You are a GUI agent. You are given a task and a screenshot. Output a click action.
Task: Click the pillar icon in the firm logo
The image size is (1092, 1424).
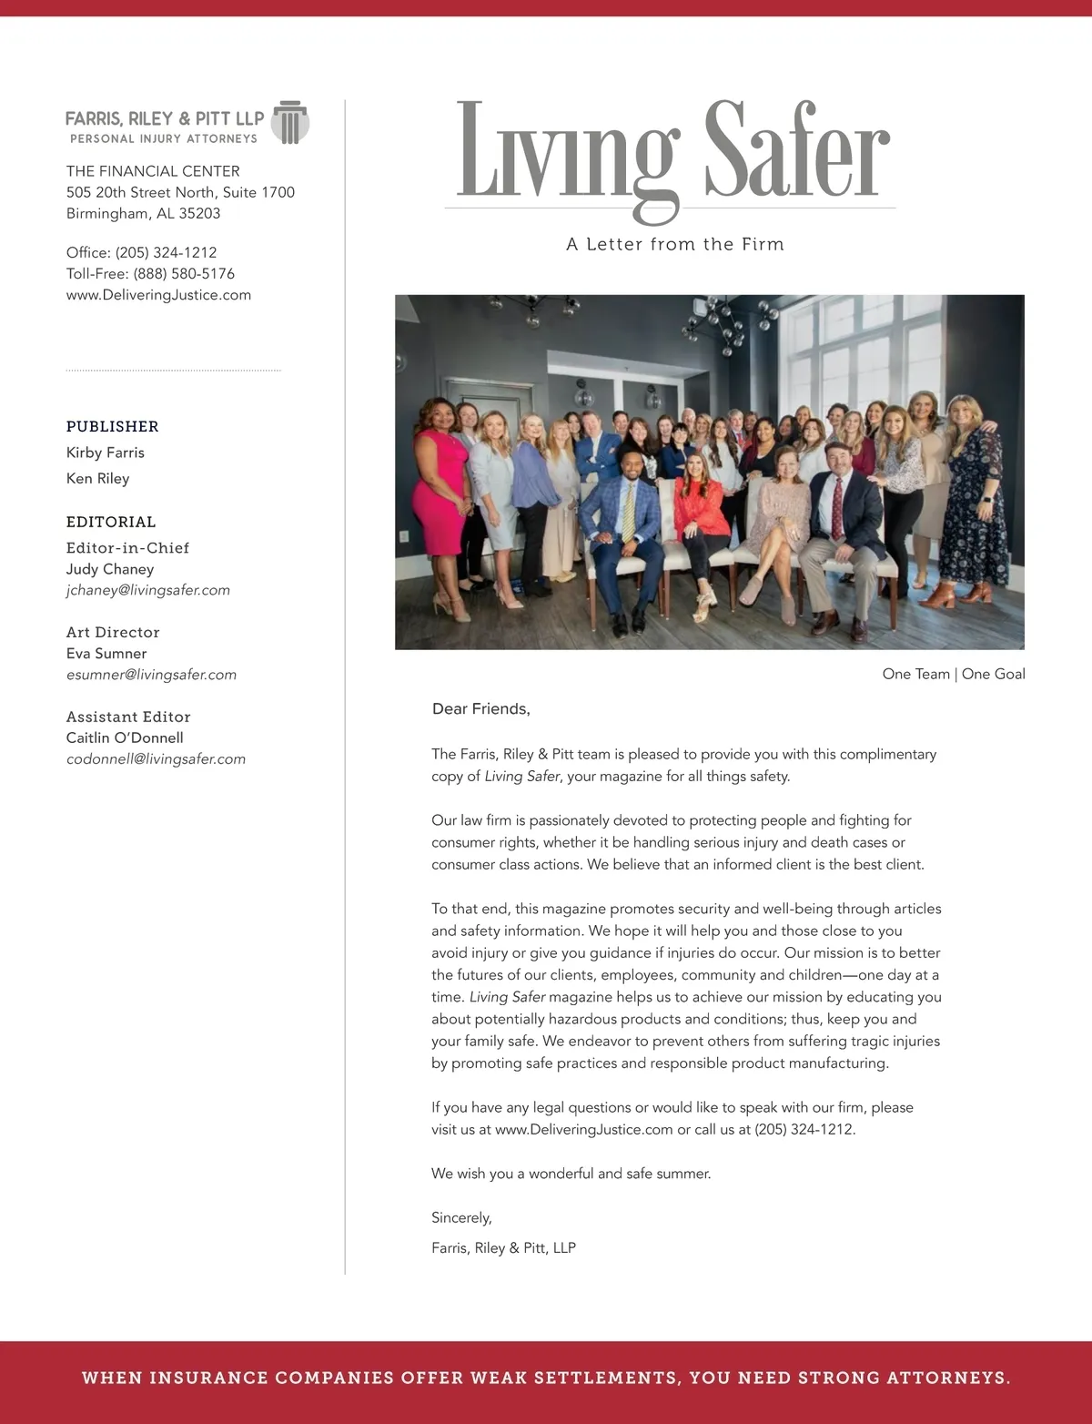pyautogui.click(x=290, y=123)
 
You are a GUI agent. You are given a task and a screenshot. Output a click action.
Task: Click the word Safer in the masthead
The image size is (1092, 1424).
pyautogui.click(x=796, y=151)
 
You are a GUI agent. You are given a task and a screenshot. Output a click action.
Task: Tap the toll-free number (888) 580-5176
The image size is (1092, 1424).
pyautogui.click(x=184, y=273)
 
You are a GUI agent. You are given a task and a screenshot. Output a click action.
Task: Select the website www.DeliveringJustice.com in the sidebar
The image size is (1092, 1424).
pyautogui.click(x=158, y=295)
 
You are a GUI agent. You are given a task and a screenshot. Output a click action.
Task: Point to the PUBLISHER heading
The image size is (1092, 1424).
pyautogui.click(x=112, y=426)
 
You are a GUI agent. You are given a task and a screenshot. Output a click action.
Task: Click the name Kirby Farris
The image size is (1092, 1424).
pyautogui.click(x=105, y=453)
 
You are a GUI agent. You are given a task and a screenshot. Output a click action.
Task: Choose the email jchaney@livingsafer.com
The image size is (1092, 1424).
pyautogui.click(x=147, y=590)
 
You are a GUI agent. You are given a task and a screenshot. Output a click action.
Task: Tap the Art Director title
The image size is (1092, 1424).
pyautogui.click(x=113, y=632)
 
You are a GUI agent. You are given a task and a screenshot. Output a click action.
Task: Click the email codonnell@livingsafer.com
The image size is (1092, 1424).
pyautogui.click(x=156, y=759)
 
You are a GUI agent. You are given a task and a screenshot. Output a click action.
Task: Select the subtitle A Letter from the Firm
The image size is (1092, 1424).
pyautogui.click(x=674, y=244)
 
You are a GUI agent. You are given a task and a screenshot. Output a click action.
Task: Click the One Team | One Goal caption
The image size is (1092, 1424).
pyautogui.click(x=953, y=674)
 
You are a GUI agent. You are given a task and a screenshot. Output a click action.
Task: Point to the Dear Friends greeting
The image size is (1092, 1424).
pyautogui.click(x=480, y=708)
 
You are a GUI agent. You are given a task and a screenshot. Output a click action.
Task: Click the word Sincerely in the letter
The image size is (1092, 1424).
pyautogui.click(x=461, y=1217)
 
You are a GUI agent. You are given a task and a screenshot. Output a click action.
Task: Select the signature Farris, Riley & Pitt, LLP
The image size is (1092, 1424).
pyautogui.click(x=503, y=1247)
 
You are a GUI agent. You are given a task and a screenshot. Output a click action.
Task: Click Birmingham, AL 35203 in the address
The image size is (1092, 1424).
pyautogui.click(x=143, y=213)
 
